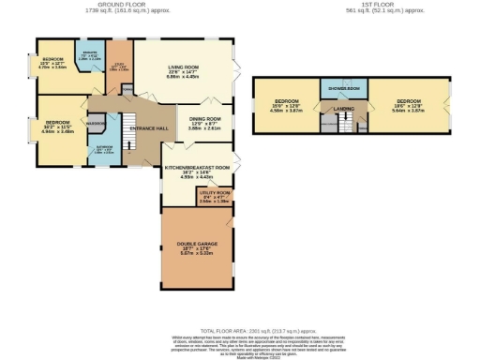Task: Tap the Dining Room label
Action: click(204, 119)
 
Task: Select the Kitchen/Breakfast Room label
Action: click(198, 168)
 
